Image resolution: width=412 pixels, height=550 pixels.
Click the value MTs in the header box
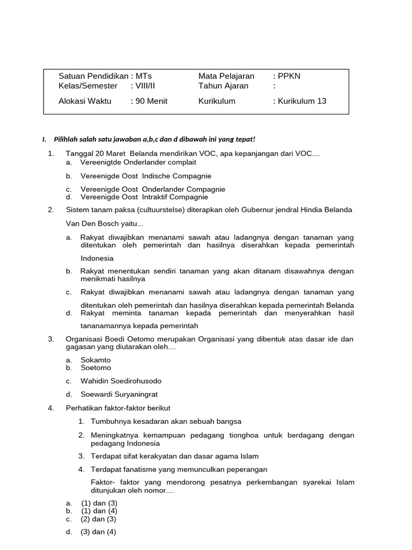tap(144, 76)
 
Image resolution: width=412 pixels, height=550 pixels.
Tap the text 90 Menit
tap(151, 101)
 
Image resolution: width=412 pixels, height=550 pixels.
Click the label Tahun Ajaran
tap(223, 86)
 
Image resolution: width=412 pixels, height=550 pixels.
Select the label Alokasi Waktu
tap(85, 101)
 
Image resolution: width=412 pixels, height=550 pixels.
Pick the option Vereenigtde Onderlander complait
tap(138, 162)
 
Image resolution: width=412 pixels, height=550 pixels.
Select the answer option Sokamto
tap(95, 360)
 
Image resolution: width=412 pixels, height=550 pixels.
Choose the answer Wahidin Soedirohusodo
tap(121, 381)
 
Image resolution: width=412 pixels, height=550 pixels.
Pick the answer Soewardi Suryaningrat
tap(119, 394)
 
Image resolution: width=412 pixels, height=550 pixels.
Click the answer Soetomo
tap(96, 368)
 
